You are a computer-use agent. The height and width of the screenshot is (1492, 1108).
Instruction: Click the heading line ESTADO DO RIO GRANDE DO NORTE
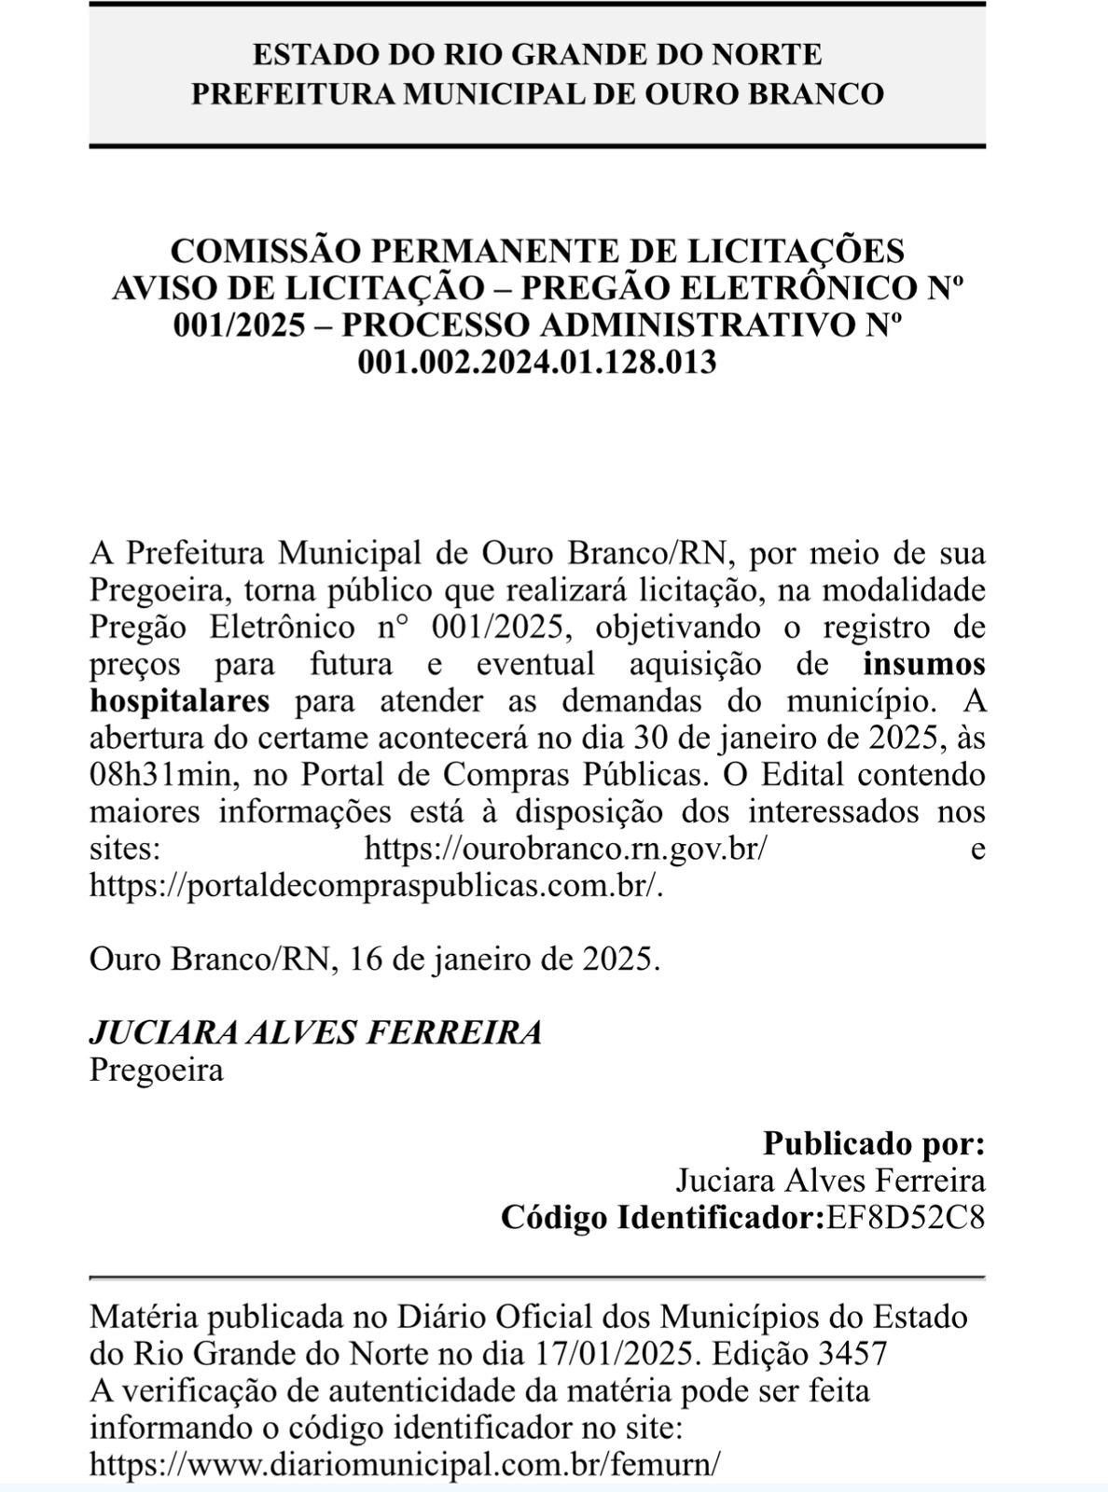[x=537, y=54]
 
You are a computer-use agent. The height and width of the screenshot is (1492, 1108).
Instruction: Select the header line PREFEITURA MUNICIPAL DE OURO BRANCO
[x=537, y=93]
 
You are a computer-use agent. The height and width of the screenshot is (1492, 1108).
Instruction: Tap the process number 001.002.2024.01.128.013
[x=537, y=361]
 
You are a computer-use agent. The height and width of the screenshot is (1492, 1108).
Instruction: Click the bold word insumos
[x=923, y=664]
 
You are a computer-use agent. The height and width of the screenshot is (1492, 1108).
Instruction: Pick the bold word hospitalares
[x=179, y=700]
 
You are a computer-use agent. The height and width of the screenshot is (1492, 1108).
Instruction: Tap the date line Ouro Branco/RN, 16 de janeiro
[x=374, y=960]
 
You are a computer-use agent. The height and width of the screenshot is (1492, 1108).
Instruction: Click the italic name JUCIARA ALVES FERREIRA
[x=315, y=1032]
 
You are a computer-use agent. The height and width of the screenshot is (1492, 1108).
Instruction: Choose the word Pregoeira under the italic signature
[x=156, y=1070]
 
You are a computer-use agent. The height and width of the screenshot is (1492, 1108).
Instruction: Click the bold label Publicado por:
[x=873, y=1143]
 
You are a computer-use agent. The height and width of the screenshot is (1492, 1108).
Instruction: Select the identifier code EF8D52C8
[x=905, y=1218]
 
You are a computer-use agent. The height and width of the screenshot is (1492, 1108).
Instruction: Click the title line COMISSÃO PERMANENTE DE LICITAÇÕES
[x=537, y=251]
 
